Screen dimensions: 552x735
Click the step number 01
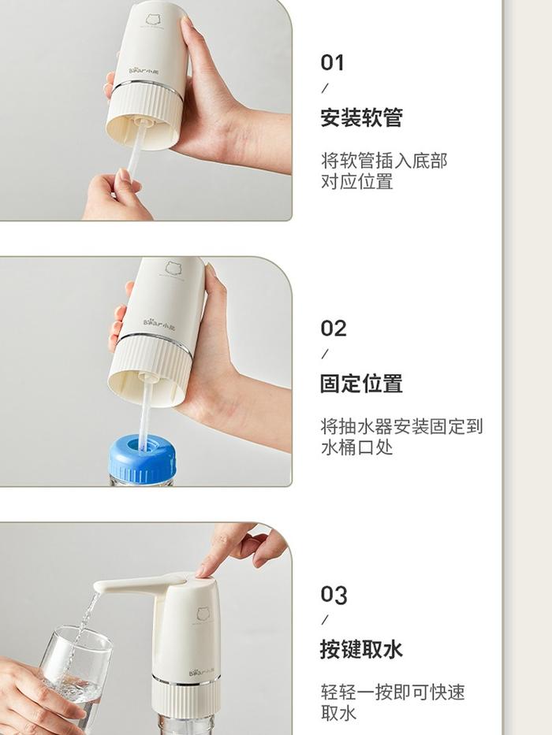[332, 62]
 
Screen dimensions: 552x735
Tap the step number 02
[334, 329]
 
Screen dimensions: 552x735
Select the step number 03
[334, 595]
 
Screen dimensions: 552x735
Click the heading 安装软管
[361, 117]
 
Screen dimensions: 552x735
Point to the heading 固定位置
[361, 384]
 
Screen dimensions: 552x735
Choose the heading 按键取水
[361, 650]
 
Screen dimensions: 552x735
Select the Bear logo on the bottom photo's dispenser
[202, 672]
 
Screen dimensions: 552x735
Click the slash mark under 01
[325, 87]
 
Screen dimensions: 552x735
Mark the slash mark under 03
[325, 620]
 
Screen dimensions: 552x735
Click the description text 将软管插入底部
[385, 161]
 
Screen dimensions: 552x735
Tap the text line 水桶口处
[356, 447]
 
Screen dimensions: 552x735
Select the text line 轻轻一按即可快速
[393, 692]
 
